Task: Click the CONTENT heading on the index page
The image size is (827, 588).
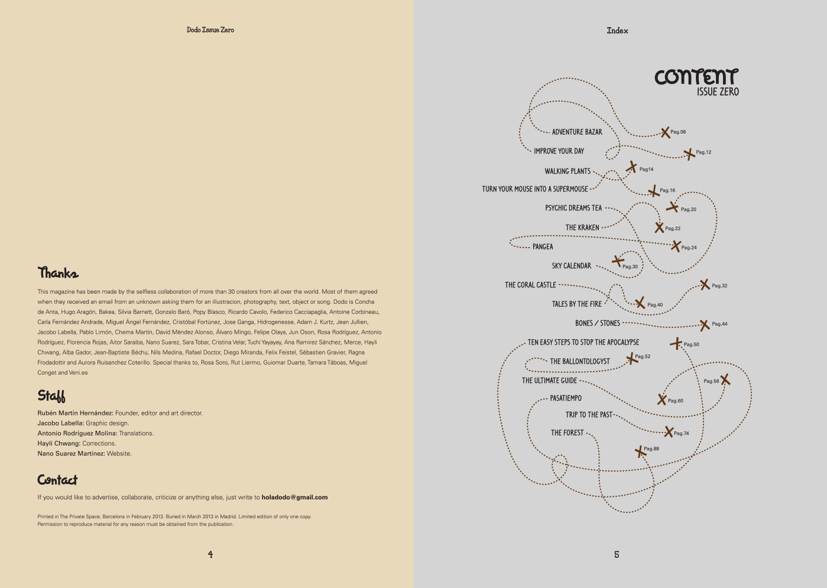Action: point(696,77)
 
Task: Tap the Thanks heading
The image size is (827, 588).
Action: point(58,272)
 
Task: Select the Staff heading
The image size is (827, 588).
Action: point(51,395)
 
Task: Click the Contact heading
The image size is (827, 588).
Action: point(57,480)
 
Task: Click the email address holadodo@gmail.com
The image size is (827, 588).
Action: point(294,498)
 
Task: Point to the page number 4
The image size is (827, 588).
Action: point(210,554)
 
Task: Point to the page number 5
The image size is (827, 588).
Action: point(617,554)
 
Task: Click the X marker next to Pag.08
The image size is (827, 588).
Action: point(665,132)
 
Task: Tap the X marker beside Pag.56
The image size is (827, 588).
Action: point(725,379)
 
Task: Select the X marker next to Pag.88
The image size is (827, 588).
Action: point(639,451)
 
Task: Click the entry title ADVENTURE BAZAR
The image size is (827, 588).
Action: point(577,132)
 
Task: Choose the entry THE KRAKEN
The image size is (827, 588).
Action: point(582,228)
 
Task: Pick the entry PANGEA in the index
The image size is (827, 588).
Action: point(543,246)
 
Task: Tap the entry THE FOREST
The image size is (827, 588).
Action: point(567,433)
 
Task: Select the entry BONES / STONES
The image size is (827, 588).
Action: point(598,323)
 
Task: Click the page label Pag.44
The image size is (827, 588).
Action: point(719,324)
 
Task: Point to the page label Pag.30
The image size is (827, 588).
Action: point(630,267)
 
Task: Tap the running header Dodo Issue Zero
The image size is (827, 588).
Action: point(210,30)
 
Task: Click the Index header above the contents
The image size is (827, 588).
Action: point(617,31)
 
